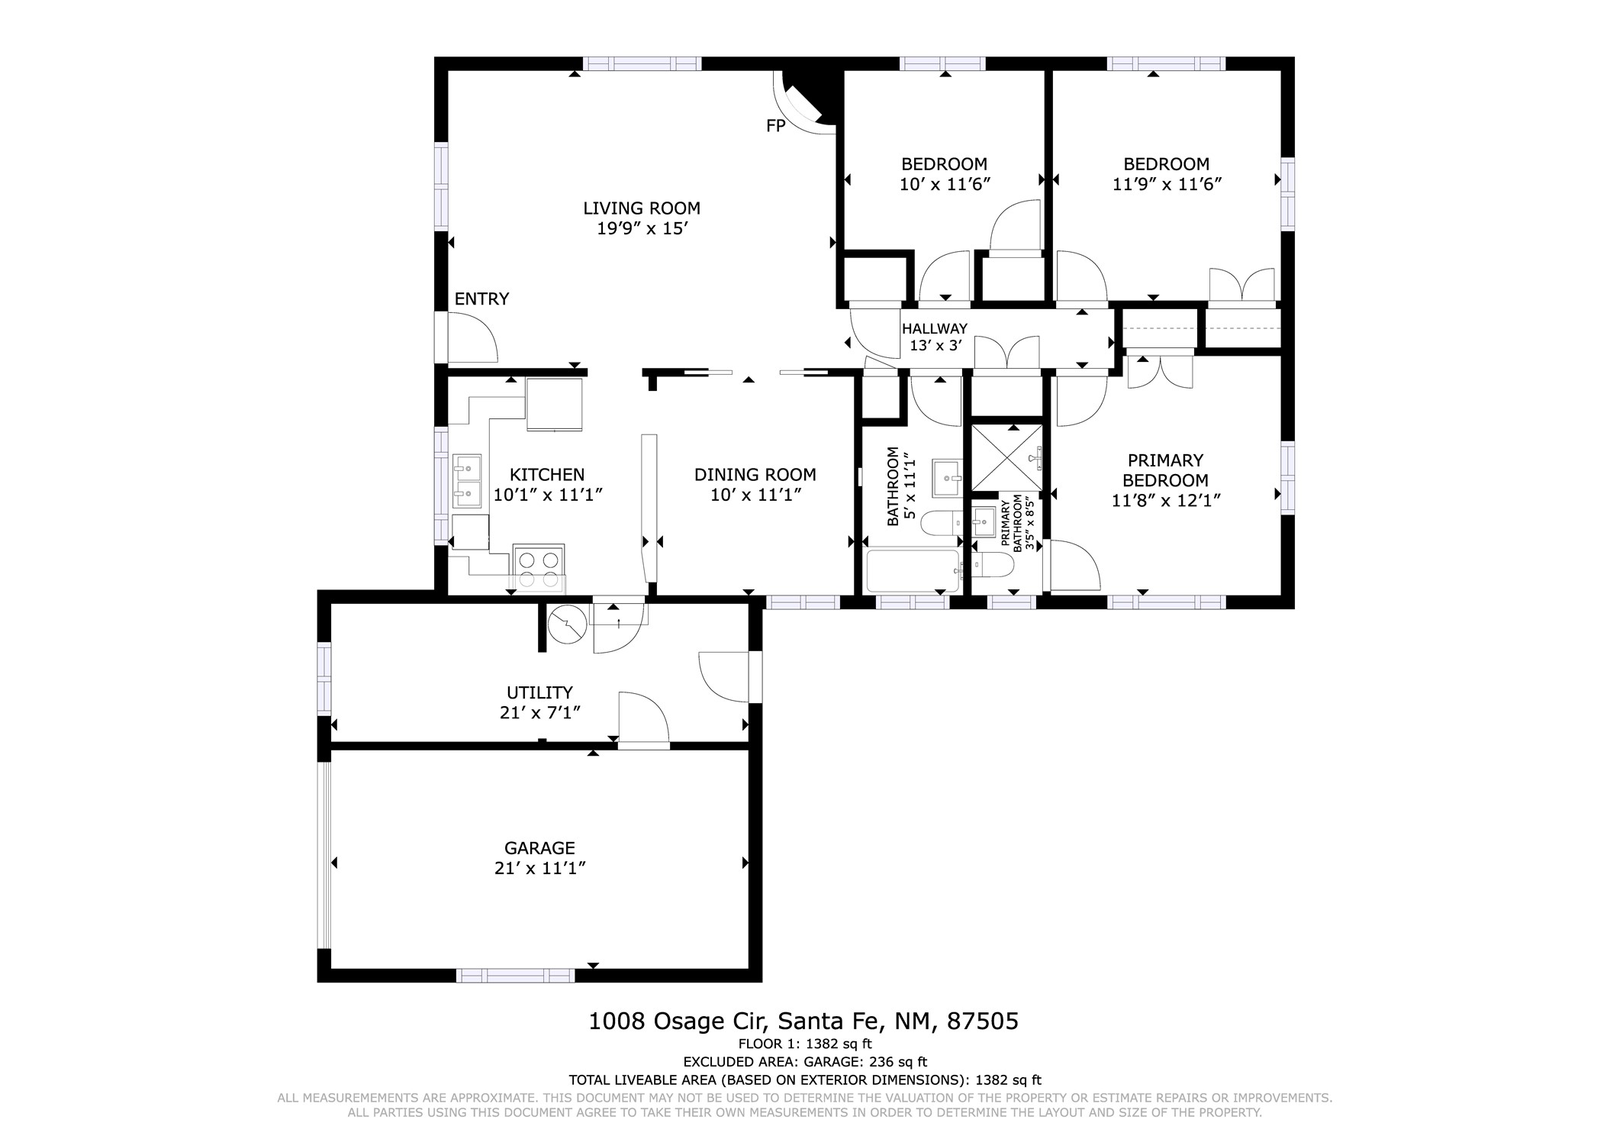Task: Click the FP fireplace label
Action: (775, 126)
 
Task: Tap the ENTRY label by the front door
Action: (481, 298)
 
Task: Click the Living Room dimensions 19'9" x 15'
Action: (642, 228)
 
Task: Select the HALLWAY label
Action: (935, 328)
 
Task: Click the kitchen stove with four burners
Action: (539, 568)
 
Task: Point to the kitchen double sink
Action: (467, 480)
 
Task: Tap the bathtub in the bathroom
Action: (913, 571)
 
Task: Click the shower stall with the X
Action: (1006, 457)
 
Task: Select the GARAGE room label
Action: (539, 847)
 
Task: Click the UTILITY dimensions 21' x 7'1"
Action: (539, 712)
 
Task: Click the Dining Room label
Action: (755, 475)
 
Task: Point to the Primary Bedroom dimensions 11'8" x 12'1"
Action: (1166, 500)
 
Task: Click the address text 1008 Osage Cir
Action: (682, 1021)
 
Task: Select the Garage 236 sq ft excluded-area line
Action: (805, 1062)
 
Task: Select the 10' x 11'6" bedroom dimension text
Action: (945, 184)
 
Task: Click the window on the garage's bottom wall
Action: (515, 975)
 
